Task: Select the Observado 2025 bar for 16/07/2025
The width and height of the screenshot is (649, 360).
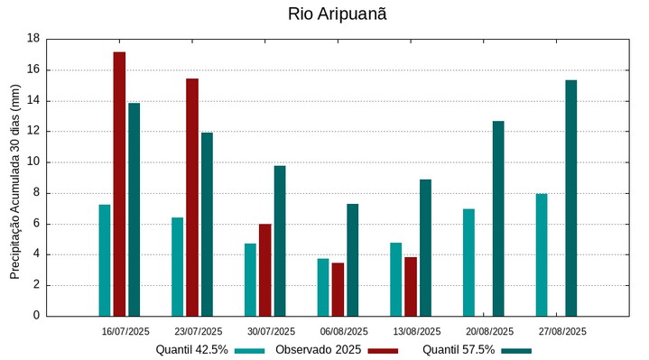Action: tap(119, 184)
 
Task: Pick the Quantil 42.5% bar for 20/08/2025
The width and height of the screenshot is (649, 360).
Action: tap(468, 263)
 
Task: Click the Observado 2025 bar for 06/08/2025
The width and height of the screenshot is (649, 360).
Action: tap(338, 290)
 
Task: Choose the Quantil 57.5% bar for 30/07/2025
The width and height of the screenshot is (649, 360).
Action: tap(280, 241)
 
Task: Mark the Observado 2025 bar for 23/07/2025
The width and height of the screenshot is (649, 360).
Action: tap(192, 198)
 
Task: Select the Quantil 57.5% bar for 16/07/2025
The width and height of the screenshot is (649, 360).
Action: tap(134, 209)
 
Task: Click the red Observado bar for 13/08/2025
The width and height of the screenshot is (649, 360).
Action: tap(411, 287)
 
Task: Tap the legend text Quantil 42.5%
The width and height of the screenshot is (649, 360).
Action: tap(191, 349)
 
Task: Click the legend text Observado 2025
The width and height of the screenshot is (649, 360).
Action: tap(319, 349)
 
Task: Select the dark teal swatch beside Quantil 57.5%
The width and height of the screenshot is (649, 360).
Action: tap(516, 350)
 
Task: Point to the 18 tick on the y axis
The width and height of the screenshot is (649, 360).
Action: tap(33, 39)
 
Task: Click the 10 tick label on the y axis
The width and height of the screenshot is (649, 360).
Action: tap(33, 162)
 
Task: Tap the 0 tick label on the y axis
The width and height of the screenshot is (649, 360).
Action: tap(36, 316)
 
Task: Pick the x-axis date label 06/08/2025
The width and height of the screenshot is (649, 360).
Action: tap(344, 331)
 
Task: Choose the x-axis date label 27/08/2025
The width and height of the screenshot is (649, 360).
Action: tap(562, 331)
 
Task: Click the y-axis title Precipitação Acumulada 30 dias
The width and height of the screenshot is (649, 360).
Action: tap(14, 177)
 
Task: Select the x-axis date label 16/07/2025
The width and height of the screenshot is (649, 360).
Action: tap(125, 331)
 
